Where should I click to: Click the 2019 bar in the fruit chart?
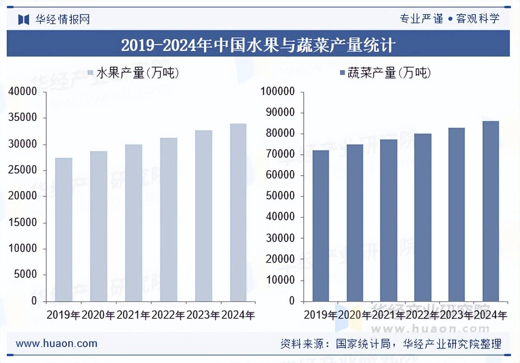pyautogui.click(x=64, y=229)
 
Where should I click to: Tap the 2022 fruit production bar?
pyautogui.click(x=169, y=219)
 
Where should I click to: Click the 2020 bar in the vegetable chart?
pyautogui.click(x=355, y=223)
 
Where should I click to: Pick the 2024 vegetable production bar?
pyautogui.click(x=491, y=211)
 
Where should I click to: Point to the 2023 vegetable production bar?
pyautogui.click(x=457, y=214)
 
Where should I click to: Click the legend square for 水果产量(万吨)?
pyautogui.click(x=91, y=73)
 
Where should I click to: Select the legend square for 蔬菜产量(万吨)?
pyautogui.click(x=343, y=73)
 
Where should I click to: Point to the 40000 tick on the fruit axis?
pyautogui.click(x=23, y=92)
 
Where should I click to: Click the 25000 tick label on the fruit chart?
pyautogui.click(x=23, y=170)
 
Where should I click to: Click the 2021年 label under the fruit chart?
pyautogui.click(x=133, y=315)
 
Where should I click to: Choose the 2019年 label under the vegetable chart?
pyautogui.click(x=320, y=315)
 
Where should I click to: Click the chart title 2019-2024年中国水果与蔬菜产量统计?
pyautogui.click(x=258, y=45)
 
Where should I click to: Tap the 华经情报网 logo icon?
pyautogui.click(x=24, y=19)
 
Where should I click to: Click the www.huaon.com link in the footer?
pyautogui.click(x=56, y=343)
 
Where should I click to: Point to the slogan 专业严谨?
pyautogui.click(x=421, y=18)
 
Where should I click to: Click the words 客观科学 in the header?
pyautogui.click(x=478, y=18)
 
